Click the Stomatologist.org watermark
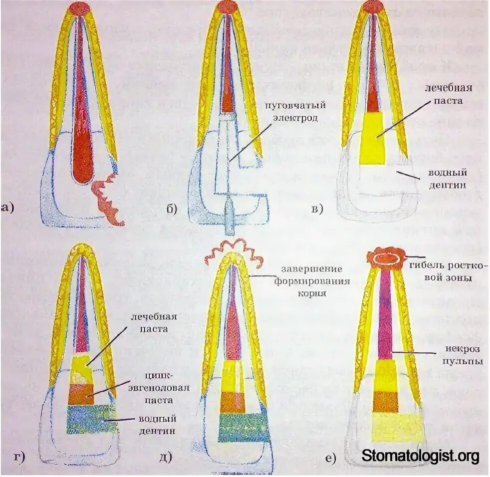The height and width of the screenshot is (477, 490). coord(420,456)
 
